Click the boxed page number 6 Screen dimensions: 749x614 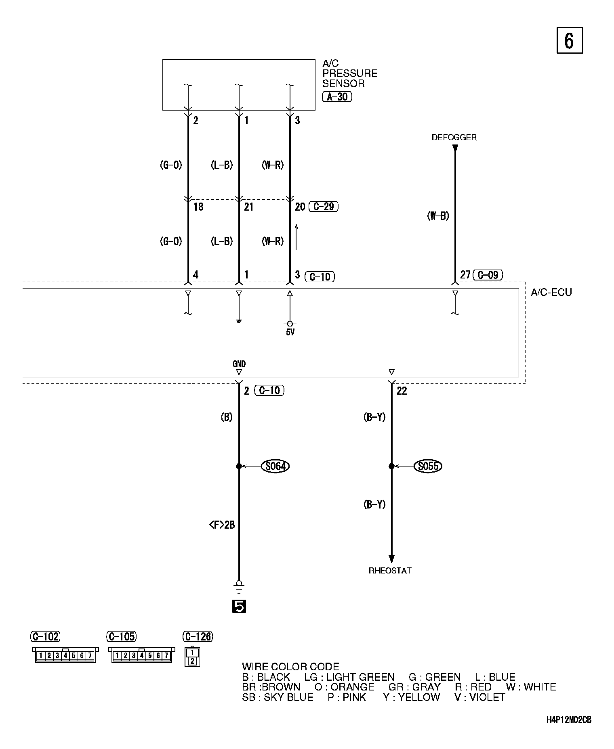[570, 40]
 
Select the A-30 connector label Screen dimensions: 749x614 [337, 97]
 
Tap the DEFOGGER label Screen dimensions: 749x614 [454, 137]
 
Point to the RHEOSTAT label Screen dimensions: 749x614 [390, 571]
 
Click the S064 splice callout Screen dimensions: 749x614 [275, 466]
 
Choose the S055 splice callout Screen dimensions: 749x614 [428, 466]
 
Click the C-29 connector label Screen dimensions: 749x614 [323, 207]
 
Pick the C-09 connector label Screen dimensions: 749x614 [488, 275]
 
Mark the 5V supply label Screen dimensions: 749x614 [290, 333]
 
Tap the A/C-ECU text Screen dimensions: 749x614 [551, 292]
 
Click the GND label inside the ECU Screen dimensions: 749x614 [239, 364]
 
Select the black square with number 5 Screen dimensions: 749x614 [239, 606]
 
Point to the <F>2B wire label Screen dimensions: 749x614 [222, 525]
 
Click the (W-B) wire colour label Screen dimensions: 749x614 [438, 216]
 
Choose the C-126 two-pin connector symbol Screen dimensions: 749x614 [192, 657]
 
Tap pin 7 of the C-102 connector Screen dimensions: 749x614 [90, 656]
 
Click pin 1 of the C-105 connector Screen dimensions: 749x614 [117, 656]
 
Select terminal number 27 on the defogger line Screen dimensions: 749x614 [465, 275]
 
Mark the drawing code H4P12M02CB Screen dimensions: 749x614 [569, 720]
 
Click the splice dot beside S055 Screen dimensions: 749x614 [391, 466]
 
